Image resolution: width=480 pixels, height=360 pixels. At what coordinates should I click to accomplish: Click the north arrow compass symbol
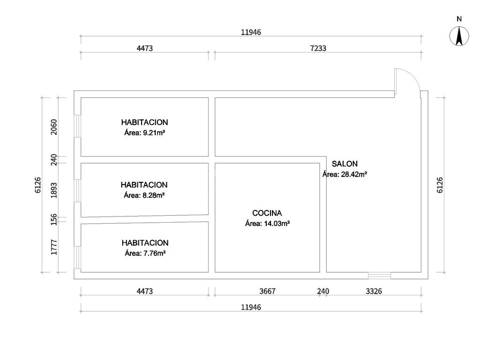click(x=459, y=37)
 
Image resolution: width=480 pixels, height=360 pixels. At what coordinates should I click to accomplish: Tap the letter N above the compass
click(x=459, y=19)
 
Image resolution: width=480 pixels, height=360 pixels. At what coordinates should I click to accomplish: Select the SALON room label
click(x=345, y=164)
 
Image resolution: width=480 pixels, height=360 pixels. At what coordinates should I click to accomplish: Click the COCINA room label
click(x=267, y=213)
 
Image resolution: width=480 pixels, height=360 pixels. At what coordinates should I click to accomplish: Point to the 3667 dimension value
click(x=267, y=291)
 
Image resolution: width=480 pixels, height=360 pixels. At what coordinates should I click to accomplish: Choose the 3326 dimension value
click(x=374, y=291)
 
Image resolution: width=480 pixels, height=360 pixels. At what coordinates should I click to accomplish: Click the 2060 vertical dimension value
click(x=54, y=127)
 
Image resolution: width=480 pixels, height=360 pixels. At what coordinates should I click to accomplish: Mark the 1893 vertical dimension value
click(x=54, y=190)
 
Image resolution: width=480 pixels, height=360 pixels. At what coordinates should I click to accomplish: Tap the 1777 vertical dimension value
click(x=54, y=247)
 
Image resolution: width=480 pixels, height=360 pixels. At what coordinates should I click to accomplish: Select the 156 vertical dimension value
click(x=54, y=219)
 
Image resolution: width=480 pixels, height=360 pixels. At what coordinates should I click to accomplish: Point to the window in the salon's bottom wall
click(x=379, y=276)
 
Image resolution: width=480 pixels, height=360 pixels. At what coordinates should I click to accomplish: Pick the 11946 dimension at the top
click(x=251, y=32)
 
